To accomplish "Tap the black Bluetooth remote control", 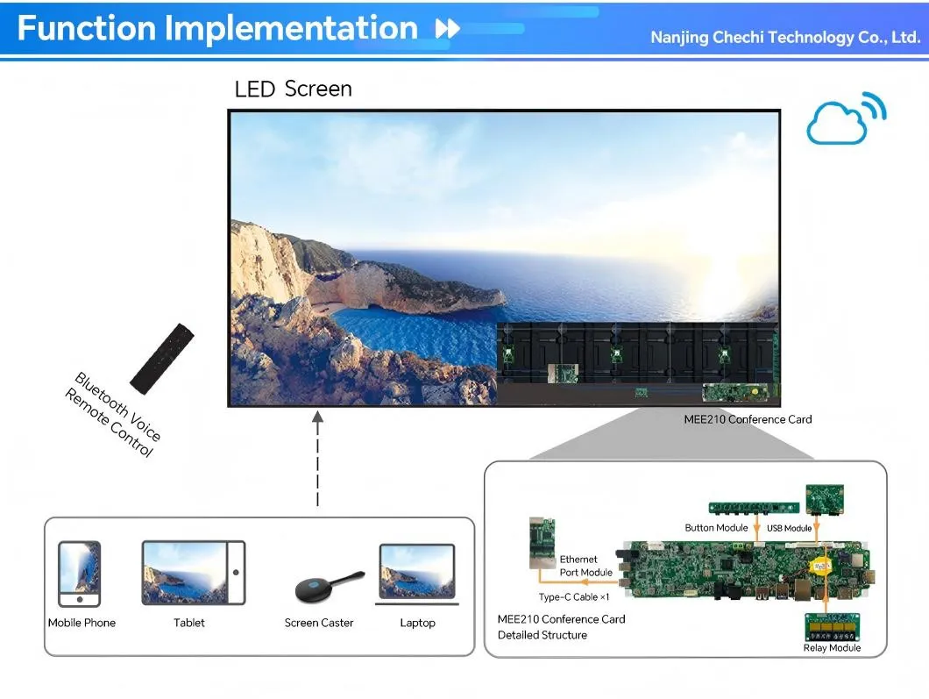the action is [162, 359].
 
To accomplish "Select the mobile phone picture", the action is [80, 574].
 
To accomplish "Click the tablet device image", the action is [194, 573].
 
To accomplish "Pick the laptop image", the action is [417, 574].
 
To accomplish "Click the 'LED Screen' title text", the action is [294, 89].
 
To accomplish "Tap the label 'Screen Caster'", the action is [319, 623].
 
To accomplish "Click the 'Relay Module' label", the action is [832, 648].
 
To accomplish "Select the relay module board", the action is [832, 627].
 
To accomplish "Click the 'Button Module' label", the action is [716, 528].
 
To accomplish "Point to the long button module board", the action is [754, 508].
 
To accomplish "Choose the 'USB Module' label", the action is [789, 528].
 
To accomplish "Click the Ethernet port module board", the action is [543, 543].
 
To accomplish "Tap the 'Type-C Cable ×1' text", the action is [573, 597].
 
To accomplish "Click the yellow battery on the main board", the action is [820, 567].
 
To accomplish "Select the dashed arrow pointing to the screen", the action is [317, 459].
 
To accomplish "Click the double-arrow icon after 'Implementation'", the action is [447, 28].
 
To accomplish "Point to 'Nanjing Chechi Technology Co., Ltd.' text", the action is [785, 38].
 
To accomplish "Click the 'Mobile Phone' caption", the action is [82, 623].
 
